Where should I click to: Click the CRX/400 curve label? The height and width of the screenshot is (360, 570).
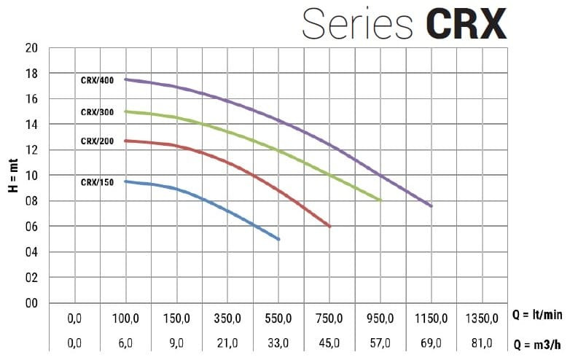click(97, 81)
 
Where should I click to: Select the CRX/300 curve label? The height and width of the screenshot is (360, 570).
click(97, 112)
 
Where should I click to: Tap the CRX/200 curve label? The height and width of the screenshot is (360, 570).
click(97, 141)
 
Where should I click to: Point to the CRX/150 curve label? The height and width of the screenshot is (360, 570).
click(97, 182)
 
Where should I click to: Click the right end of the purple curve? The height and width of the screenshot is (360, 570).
click(432, 206)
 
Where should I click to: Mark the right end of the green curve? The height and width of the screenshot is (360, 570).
click(380, 200)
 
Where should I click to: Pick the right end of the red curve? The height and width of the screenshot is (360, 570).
click(330, 226)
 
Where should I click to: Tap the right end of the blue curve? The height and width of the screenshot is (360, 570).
click(279, 239)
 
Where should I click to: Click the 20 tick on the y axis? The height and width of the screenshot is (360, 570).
click(31, 48)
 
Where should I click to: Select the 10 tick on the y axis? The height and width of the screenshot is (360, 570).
click(31, 176)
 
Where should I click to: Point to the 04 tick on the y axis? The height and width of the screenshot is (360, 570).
click(31, 252)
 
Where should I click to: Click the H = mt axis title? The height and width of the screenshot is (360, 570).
click(12, 176)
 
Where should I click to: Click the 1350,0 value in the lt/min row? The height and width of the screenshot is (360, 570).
click(482, 318)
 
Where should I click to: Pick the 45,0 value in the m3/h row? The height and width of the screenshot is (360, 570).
click(329, 343)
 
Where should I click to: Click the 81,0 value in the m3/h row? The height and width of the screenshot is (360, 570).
click(482, 343)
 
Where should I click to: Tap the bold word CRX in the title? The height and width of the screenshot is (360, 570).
click(466, 24)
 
